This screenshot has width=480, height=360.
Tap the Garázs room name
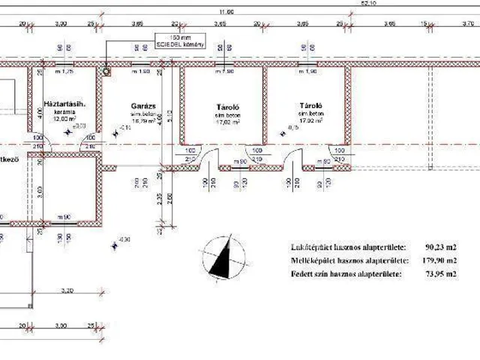click(x=142, y=106)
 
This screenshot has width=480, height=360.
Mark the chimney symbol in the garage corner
click(x=106, y=73)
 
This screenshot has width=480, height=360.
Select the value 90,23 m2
click(x=441, y=246)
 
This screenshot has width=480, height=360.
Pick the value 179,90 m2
click(x=439, y=260)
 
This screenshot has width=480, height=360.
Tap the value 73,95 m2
click(x=441, y=274)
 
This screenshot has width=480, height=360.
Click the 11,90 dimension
click(x=225, y=12)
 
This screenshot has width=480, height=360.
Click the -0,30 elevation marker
click(x=124, y=238)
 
